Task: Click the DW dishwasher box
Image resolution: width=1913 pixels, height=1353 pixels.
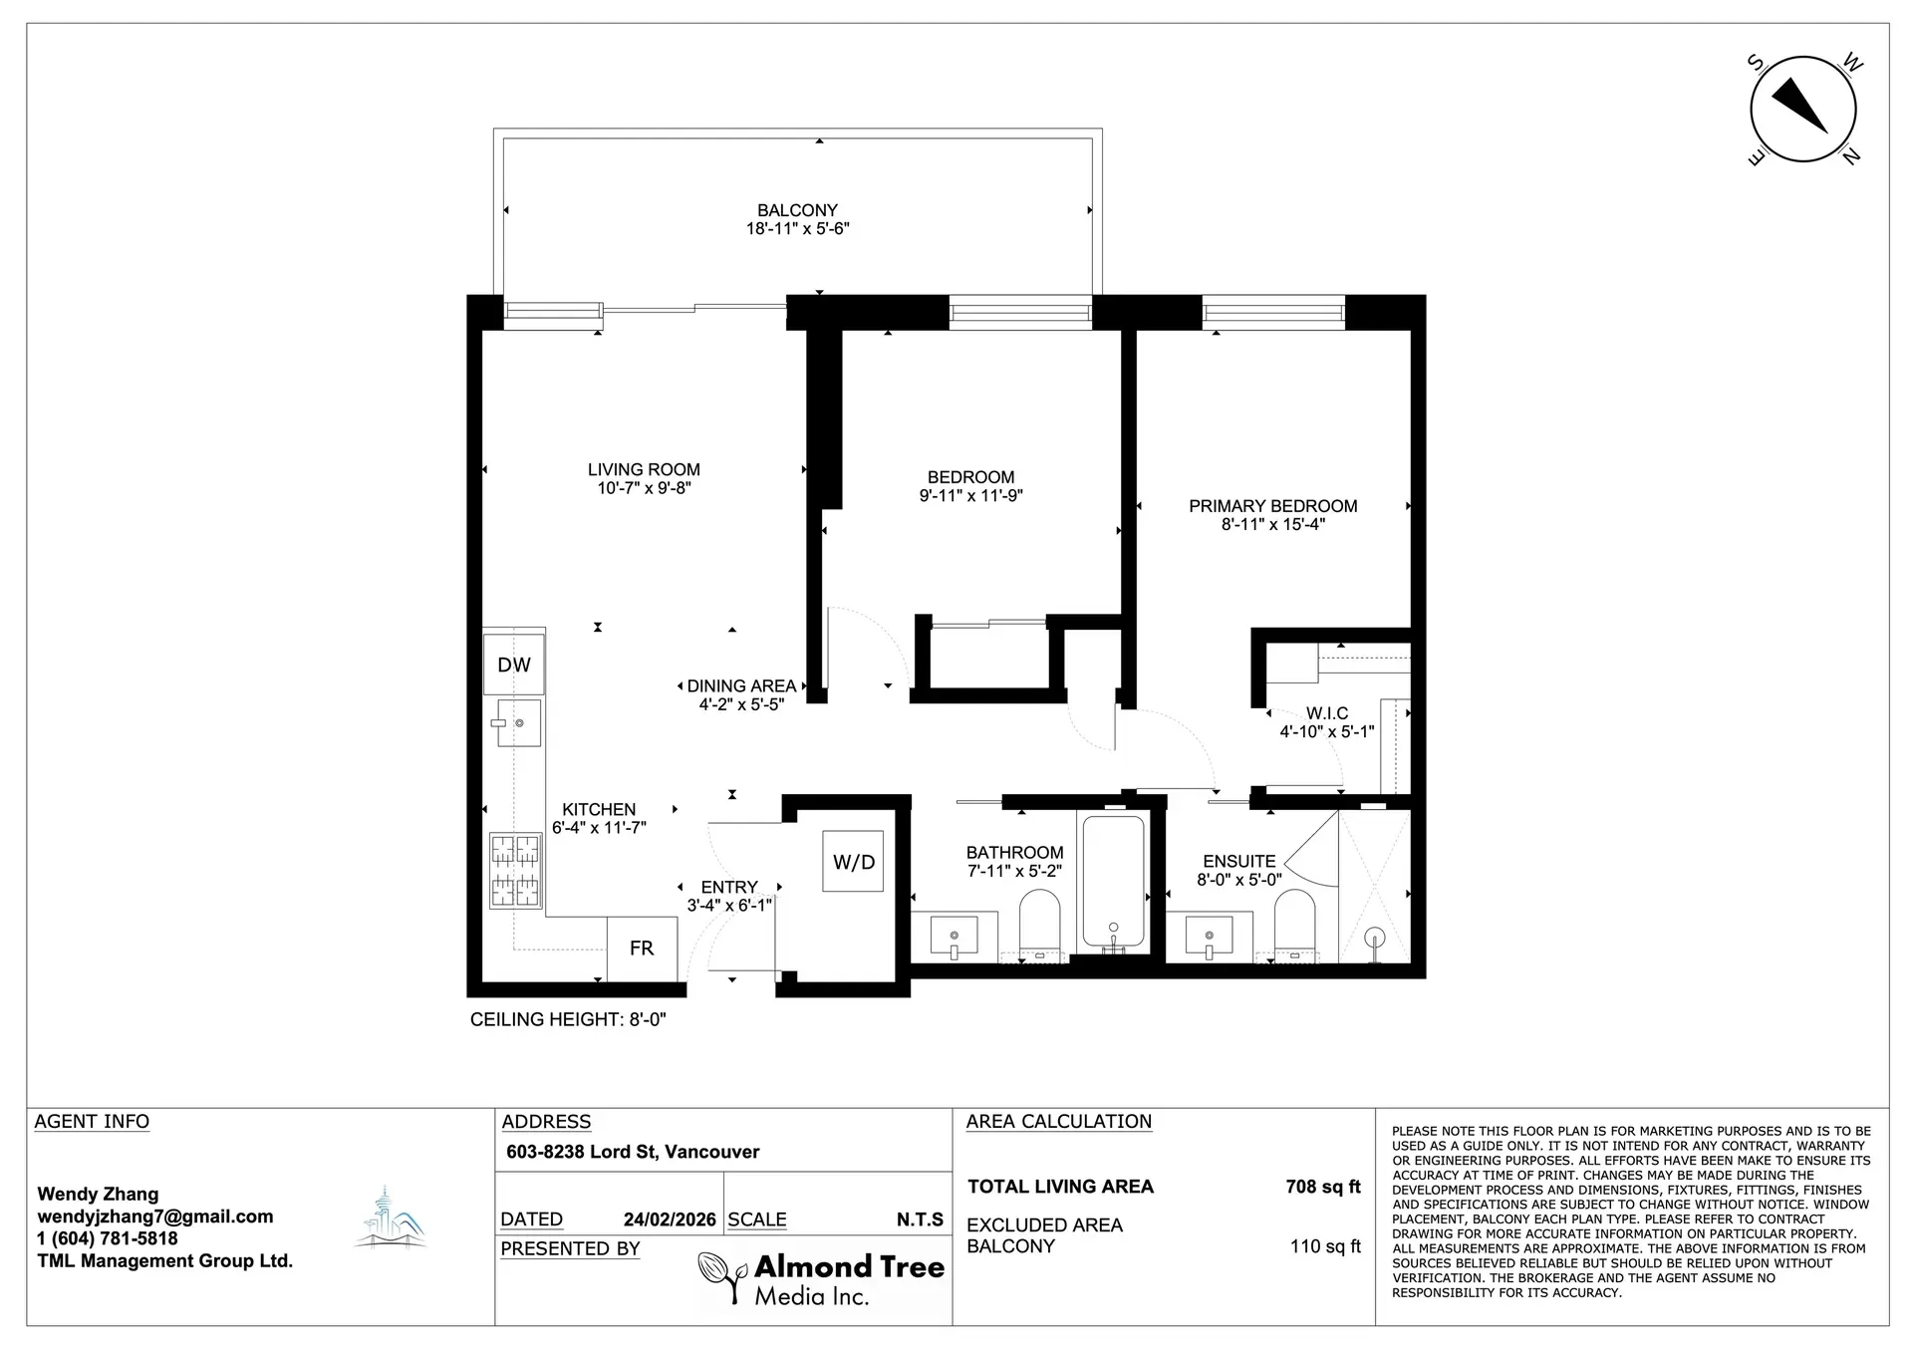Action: coord(514,665)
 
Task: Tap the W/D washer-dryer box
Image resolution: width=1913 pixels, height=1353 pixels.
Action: coord(853,862)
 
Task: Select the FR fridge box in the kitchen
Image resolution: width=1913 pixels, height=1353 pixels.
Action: coord(642,948)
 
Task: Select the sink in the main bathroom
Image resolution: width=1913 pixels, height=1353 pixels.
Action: coord(955,937)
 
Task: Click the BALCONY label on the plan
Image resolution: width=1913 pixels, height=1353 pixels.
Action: coord(797,210)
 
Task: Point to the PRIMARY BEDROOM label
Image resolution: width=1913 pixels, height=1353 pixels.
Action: coord(1272,506)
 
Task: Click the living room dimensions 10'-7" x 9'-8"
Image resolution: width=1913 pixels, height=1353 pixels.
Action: coord(644,488)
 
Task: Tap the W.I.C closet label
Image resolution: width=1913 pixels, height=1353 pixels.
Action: coord(1327,713)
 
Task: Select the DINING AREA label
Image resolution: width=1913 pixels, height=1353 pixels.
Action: coord(741,685)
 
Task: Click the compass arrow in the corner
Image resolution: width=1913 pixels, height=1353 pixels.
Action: coord(1802,110)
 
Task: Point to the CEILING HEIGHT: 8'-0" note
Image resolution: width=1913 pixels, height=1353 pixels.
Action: coord(568,1019)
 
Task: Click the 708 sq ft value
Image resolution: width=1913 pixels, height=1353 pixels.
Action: coord(1322,1187)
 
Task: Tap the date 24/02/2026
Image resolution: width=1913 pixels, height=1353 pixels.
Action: coord(670,1219)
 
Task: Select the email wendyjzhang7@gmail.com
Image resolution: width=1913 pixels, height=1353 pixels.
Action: coord(155,1217)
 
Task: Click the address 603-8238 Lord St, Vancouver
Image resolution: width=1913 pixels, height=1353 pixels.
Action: coord(633,1152)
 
